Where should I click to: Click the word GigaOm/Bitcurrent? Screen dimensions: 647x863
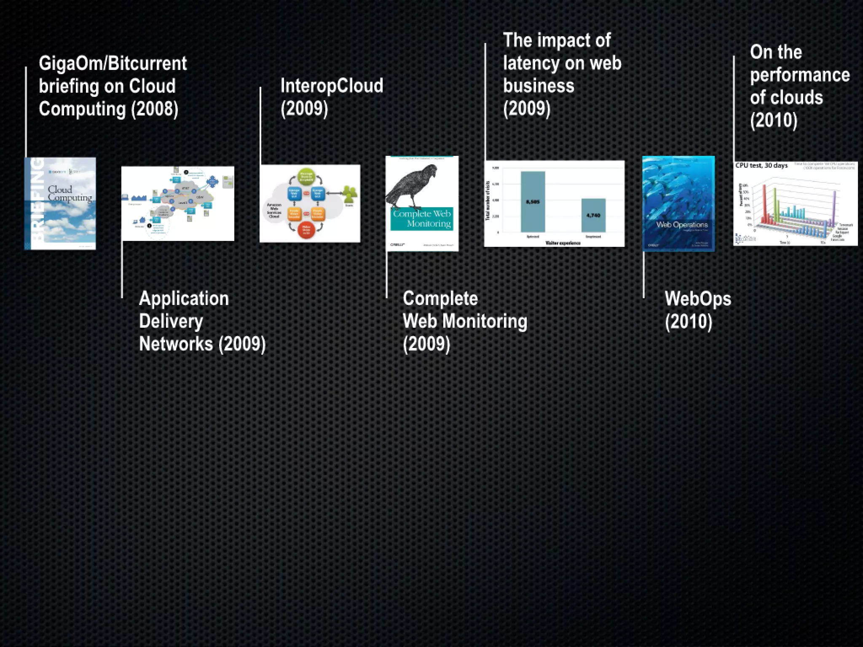point(113,64)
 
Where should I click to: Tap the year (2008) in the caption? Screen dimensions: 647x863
point(155,109)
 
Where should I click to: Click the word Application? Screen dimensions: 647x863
point(184,299)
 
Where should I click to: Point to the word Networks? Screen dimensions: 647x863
point(176,344)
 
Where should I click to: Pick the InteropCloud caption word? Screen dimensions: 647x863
point(332,86)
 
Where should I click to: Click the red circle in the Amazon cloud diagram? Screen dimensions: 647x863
point(306,230)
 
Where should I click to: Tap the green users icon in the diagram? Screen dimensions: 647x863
point(349,194)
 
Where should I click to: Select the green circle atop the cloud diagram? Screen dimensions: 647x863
point(306,176)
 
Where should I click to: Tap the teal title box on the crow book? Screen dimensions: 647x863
point(422,219)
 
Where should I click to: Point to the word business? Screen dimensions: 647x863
point(539,86)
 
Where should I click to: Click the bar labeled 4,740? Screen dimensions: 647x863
point(593,215)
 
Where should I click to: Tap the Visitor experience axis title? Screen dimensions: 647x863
point(563,243)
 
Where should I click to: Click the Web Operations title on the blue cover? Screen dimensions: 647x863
point(682,225)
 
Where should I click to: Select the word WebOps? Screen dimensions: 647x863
point(698,299)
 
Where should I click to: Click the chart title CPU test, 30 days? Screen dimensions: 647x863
point(761,166)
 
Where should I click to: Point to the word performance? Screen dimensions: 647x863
point(800,75)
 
